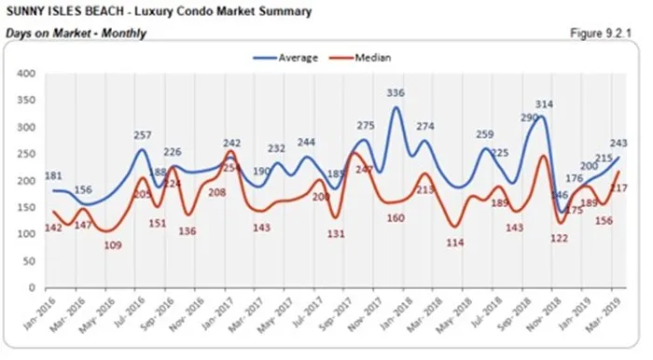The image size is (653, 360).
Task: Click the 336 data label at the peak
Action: (396, 92)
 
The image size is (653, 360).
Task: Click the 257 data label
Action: (144, 136)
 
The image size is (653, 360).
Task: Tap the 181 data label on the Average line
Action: (54, 176)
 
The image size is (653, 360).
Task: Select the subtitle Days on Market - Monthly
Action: (75, 34)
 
